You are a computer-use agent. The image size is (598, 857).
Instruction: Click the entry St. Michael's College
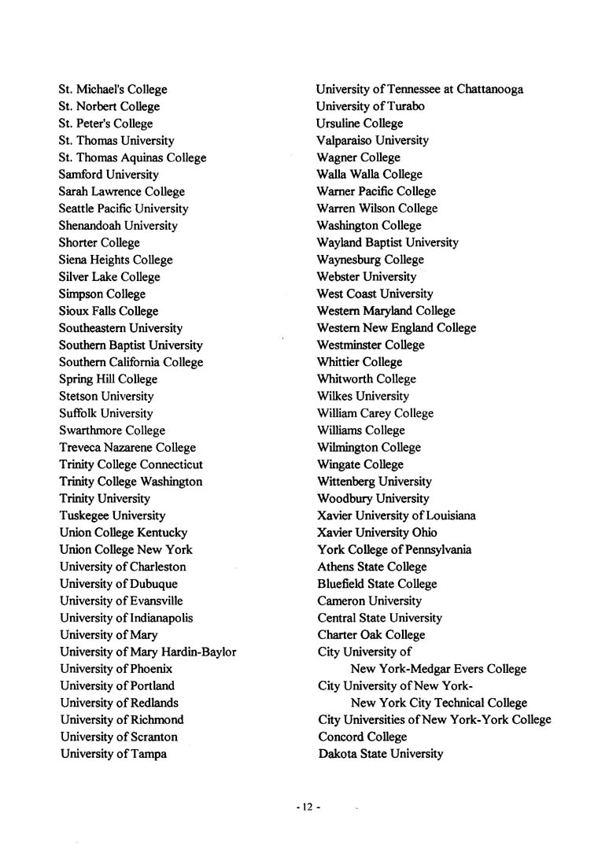(x=113, y=90)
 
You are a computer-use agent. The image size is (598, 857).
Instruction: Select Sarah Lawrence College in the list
(x=121, y=192)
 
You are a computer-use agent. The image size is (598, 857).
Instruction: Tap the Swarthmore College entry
(x=112, y=430)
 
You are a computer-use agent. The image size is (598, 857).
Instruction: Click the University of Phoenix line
(x=116, y=669)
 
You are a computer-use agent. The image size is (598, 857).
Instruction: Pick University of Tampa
(x=113, y=754)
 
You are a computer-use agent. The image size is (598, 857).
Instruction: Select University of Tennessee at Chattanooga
(x=419, y=90)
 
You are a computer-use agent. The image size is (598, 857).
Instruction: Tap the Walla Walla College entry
(x=369, y=175)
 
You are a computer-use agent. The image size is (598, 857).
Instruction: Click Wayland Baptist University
(x=387, y=243)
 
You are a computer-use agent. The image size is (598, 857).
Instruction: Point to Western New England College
(x=396, y=328)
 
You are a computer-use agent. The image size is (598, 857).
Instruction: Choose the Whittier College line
(x=359, y=362)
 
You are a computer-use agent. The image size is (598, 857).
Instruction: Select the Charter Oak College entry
(x=371, y=635)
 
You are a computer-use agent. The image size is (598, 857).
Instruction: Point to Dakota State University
(x=380, y=754)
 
